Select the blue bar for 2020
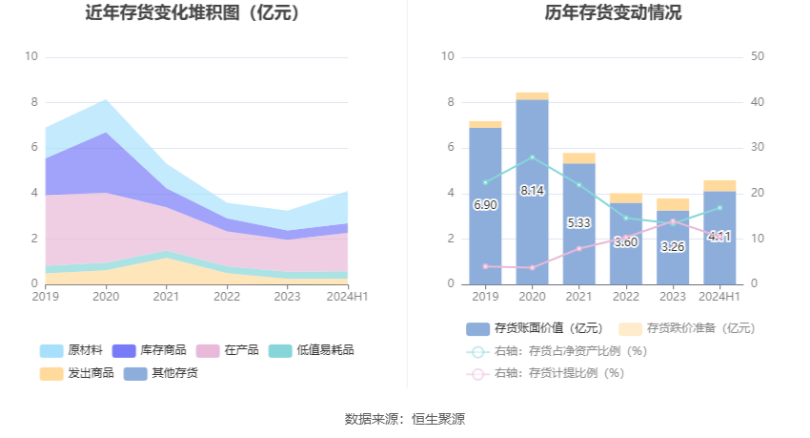click(532, 191)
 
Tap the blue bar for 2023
click(673, 248)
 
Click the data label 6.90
click(485, 205)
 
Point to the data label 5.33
click(578, 222)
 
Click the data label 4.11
click(719, 236)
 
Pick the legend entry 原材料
click(72, 350)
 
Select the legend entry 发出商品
click(72, 373)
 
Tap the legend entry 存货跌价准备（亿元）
click(689, 328)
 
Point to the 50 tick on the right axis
click(758, 56)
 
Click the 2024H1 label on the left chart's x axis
click(346, 297)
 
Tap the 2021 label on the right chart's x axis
click(578, 297)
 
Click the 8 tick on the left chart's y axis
click(33, 102)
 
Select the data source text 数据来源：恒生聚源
click(405, 419)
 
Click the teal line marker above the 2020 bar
click(532, 157)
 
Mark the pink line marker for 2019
click(485, 266)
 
